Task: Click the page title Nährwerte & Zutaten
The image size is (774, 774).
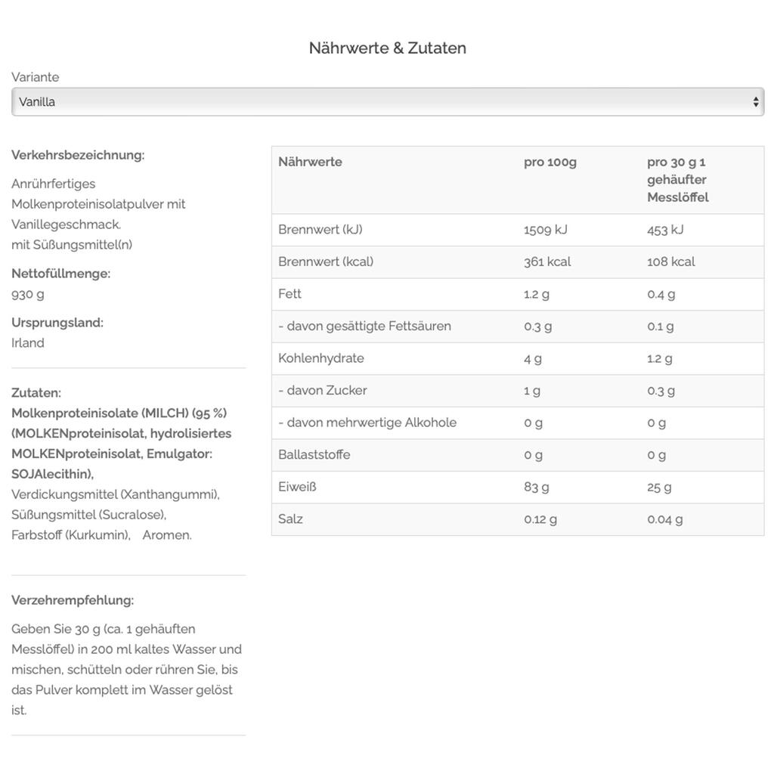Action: [x=387, y=48]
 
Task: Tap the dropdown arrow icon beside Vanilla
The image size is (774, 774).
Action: [x=756, y=102]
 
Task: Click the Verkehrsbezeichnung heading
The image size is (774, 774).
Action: [x=78, y=155]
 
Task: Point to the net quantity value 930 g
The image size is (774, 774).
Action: [x=28, y=294]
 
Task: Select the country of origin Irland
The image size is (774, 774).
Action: [x=28, y=343]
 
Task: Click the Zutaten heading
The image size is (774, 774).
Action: [x=36, y=393]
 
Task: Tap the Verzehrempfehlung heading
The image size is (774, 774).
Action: [x=73, y=600]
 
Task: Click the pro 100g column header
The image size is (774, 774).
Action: [x=550, y=162]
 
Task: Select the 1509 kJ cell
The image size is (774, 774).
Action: [x=545, y=230]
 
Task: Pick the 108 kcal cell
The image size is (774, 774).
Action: [x=670, y=262]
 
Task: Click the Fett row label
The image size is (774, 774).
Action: [x=289, y=294]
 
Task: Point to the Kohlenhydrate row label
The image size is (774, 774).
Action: [x=321, y=358]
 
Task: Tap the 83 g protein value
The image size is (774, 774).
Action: [x=537, y=487]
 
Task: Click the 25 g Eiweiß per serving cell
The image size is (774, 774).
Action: [x=659, y=487]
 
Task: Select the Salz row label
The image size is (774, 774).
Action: [x=290, y=519]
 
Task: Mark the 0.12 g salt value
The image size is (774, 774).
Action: [x=540, y=519]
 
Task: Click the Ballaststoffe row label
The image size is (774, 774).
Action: [x=314, y=455]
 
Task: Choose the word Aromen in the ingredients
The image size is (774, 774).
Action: [x=167, y=535]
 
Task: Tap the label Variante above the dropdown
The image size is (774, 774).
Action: [x=36, y=77]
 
